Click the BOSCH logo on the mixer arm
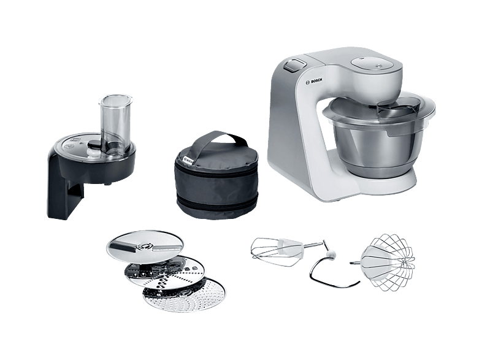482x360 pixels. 314,81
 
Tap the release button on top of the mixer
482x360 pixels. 295,64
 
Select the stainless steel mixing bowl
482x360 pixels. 379,149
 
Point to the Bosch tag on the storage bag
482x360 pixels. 188,161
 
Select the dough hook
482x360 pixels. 332,267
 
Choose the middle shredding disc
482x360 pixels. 164,272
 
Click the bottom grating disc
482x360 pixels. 184,294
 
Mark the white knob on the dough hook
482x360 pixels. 331,255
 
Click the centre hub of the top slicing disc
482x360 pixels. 144,246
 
